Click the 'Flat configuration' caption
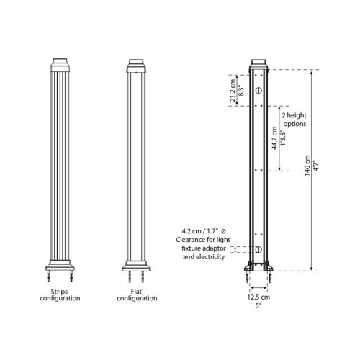(137, 294)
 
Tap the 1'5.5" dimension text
(281, 138)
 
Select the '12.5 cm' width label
(259, 296)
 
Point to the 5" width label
(259, 305)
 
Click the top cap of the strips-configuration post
(60, 65)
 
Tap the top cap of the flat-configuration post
(137, 65)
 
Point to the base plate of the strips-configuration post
(60, 266)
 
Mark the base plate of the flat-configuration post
(137, 266)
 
